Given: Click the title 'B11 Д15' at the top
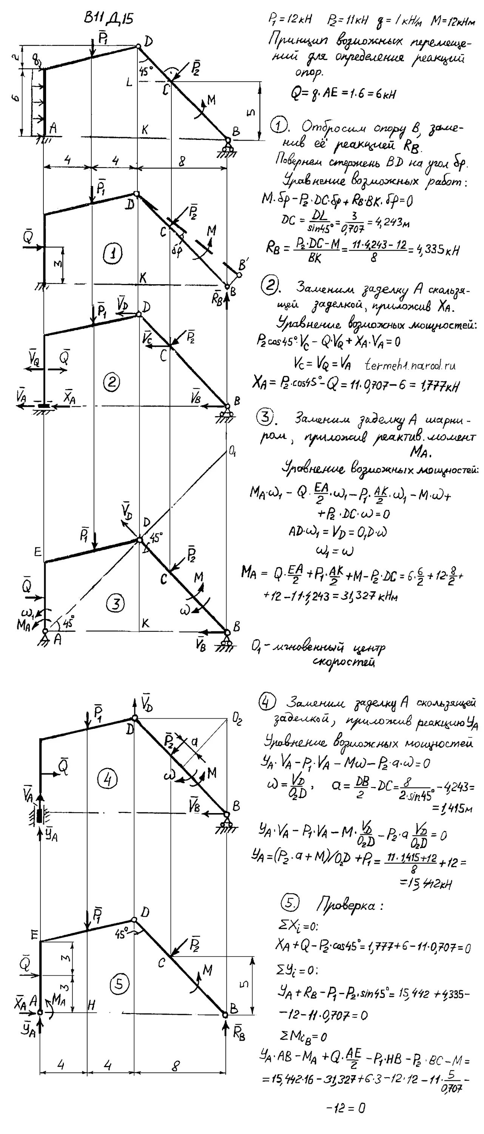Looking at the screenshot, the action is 108,19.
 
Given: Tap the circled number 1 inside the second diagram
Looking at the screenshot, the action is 113,253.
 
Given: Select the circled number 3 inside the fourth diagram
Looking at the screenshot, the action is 116,603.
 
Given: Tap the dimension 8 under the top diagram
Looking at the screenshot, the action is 182,161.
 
